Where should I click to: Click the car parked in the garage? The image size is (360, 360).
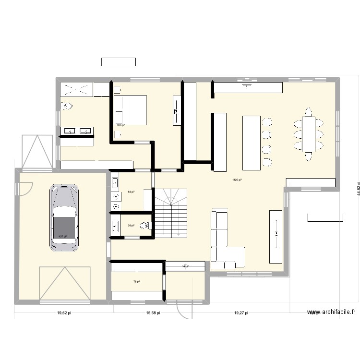point(64,216)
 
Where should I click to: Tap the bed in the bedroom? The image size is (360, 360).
point(130,110)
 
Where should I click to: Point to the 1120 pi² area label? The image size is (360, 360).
point(237,180)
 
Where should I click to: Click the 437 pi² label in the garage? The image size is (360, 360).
point(62,236)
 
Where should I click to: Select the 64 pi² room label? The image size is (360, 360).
point(131,192)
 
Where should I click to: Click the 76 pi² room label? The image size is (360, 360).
point(137,282)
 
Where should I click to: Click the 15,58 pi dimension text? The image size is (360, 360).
point(153,312)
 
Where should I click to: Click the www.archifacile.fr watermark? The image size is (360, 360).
point(332,312)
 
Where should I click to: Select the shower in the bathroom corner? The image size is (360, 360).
point(76,89)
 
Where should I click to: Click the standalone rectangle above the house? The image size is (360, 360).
point(118,62)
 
